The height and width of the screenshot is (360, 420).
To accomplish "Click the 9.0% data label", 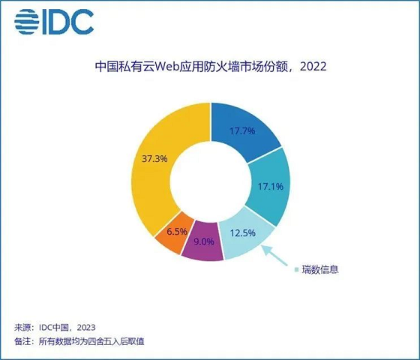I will point(204,241).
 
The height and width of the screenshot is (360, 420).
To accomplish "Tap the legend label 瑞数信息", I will point(320,268).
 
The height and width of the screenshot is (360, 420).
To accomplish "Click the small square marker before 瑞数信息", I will point(296,268).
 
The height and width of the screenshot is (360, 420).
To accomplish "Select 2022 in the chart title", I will point(313,67).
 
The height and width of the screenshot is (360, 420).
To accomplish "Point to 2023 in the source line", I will point(83,328).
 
